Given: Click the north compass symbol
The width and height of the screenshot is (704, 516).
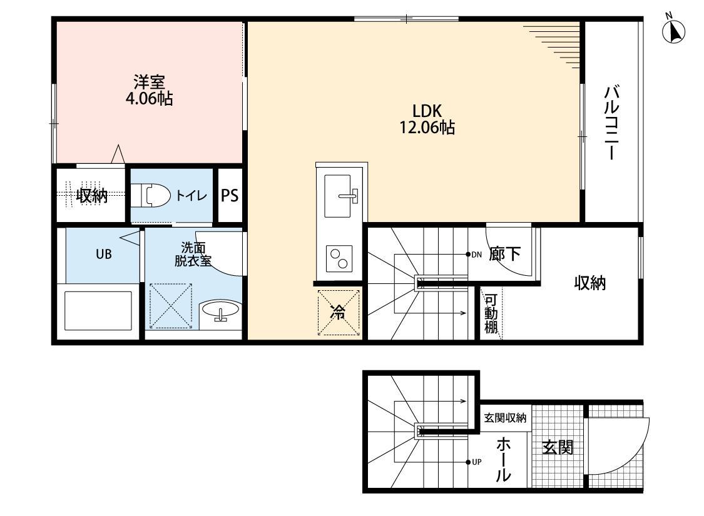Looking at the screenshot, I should [x=673, y=31].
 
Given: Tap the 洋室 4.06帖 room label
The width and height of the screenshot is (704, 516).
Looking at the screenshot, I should [x=149, y=90].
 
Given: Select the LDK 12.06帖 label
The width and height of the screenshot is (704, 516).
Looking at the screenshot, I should [x=427, y=119].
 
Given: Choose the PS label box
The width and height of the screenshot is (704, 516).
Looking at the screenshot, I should [x=230, y=196].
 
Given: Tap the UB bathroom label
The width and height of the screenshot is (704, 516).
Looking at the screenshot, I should [x=103, y=255].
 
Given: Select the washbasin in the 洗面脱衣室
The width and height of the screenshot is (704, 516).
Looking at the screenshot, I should [x=220, y=311].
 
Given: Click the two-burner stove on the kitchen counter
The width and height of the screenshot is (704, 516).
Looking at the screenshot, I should [x=340, y=258].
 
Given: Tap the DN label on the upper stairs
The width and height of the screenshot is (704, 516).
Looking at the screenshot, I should [x=476, y=255].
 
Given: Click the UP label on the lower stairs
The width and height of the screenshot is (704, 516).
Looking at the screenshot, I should [x=476, y=462].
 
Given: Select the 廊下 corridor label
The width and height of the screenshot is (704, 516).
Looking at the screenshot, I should [x=505, y=254].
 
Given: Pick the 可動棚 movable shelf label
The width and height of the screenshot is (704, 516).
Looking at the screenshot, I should [x=491, y=313].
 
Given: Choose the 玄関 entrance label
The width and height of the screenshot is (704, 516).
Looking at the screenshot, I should [x=558, y=448].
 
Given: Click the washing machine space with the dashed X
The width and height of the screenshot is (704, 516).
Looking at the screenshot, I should [x=170, y=305].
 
